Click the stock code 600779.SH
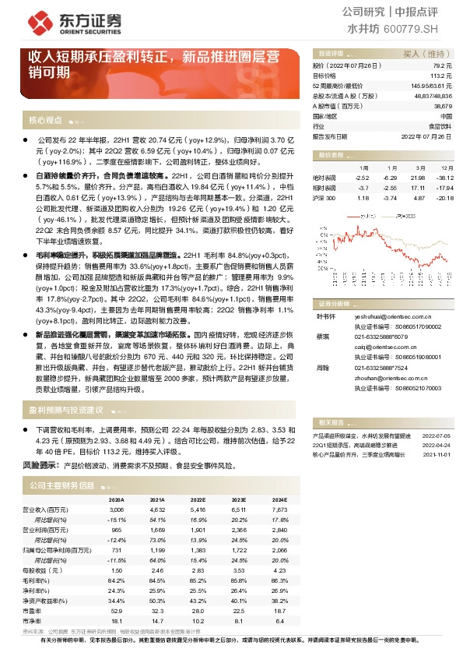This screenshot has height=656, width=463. pyautogui.click(x=412, y=28)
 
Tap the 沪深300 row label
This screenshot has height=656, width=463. pyautogui.click(x=323, y=198)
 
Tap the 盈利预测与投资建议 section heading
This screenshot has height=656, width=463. pyautogui.click(x=66, y=409)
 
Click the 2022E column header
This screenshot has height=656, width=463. pyautogui.click(x=197, y=499)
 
